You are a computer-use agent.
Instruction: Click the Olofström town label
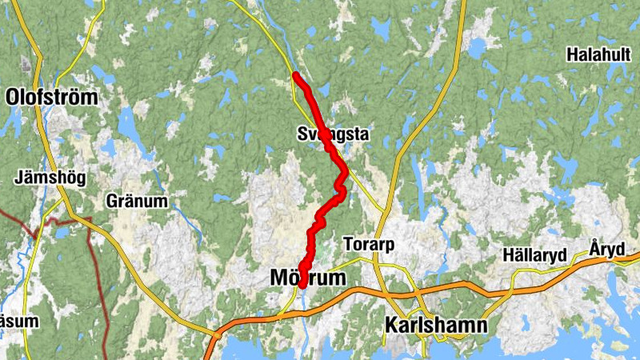(x=52, y=98)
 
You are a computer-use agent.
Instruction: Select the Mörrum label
(x=308, y=278)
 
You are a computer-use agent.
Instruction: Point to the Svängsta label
(x=332, y=134)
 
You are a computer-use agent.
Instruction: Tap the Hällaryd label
(x=535, y=255)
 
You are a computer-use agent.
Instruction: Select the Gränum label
(x=137, y=202)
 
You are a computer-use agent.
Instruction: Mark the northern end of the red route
(x=296, y=75)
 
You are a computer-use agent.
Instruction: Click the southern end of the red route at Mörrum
(x=302, y=285)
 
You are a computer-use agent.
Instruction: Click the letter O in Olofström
(x=14, y=98)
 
